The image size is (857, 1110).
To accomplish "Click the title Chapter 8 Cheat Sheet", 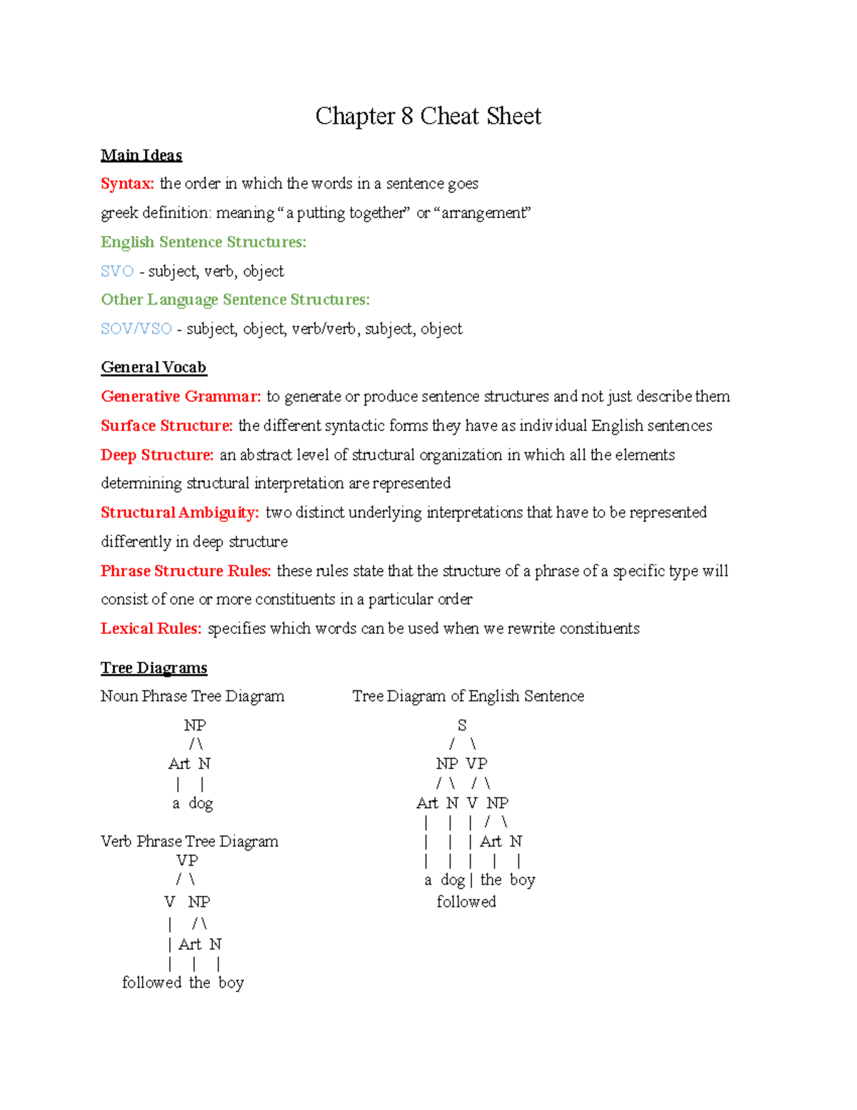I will tap(428, 117).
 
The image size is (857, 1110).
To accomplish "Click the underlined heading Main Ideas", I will tap(141, 155).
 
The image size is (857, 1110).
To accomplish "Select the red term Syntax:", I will tap(127, 184).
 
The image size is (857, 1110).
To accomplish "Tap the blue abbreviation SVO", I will tap(117, 272).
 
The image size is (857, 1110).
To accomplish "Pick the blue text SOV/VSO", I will tap(136, 329).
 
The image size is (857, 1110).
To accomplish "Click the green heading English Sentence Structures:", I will tap(204, 242).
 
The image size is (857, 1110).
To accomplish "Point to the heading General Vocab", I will tap(154, 367).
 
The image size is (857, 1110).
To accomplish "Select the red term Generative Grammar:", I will tap(181, 397).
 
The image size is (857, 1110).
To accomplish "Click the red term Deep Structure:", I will tap(157, 455).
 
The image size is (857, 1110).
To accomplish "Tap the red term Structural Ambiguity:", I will tap(180, 512).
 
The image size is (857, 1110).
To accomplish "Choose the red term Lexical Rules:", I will tap(151, 629).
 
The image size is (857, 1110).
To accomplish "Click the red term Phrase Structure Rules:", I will tap(186, 571).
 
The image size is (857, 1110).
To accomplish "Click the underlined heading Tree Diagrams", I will tap(154, 668).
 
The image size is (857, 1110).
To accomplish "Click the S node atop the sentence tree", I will tap(462, 725).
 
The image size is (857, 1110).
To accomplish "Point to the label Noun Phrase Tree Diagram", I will tap(192, 696).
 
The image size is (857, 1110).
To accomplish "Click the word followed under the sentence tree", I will tap(466, 902).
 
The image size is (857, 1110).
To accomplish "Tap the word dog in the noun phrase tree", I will tap(201, 803).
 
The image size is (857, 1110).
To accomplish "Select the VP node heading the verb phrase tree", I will tap(187, 861).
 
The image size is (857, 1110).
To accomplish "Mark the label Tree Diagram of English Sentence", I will tap(468, 696).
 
